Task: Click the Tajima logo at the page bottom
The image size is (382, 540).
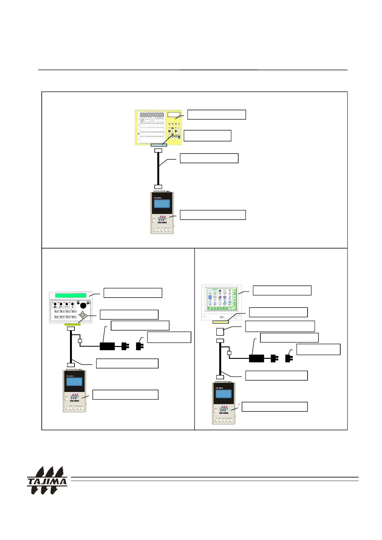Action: click(47, 480)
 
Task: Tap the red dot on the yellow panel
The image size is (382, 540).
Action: click(138, 133)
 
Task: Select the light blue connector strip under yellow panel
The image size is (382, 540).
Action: click(159, 145)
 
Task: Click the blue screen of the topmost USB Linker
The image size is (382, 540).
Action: click(162, 204)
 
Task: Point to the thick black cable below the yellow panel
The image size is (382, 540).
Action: click(158, 168)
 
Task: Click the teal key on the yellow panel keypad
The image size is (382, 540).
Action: click(179, 137)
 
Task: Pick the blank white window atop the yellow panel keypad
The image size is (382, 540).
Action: click(174, 114)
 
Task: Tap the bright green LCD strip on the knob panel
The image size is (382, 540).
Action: click(71, 295)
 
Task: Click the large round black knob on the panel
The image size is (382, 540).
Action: click(83, 305)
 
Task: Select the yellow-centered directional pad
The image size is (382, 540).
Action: click(82, 315)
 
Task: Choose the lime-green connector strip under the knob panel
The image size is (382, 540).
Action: click(72, 325)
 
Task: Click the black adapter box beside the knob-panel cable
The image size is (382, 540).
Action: click(107, 346)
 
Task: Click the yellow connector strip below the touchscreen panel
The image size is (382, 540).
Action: click(221, 322)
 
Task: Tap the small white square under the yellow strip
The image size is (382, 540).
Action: click(220, 331)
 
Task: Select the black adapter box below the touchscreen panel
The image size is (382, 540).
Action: click(256, 358)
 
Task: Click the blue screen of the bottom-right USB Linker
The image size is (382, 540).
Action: click(223, 394)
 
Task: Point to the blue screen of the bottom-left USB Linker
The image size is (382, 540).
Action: click(74, 382)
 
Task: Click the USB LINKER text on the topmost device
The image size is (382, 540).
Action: click(162, 222)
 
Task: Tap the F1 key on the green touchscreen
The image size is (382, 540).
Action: click(209, 308)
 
